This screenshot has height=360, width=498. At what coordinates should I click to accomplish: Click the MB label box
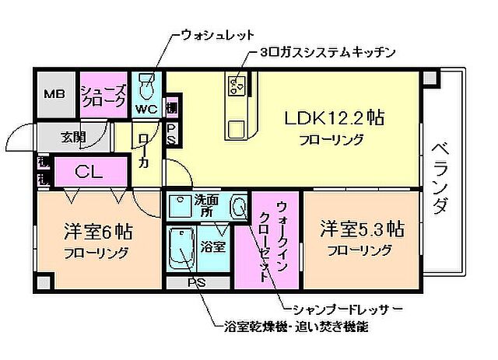point(53,95)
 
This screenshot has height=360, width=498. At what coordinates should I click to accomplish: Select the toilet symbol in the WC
point(146,84)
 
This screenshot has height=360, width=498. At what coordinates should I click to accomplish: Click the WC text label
point(146,109)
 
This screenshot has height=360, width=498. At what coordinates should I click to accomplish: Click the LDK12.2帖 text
point(335,120)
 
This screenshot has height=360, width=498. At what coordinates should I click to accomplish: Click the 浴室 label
point(212,247)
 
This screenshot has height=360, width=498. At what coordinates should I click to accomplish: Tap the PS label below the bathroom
point(196,283)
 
